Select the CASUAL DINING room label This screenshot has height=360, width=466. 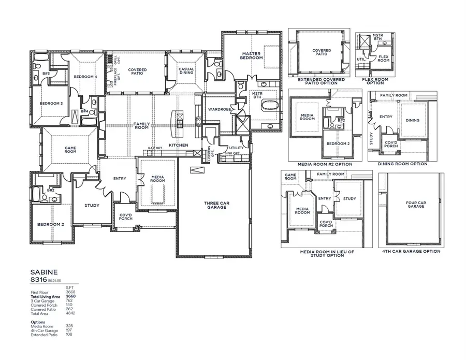pos(186,71)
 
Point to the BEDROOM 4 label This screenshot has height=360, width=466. pos(85,77)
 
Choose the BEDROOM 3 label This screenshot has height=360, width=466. pos(51,103)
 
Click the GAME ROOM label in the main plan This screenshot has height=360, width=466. pos(70,149)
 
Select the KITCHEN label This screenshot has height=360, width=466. pos(178,145)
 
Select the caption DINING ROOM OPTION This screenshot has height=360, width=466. pos(402,164)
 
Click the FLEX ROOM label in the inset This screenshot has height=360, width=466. pos(383,59)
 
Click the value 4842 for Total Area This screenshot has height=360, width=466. pos(70,314)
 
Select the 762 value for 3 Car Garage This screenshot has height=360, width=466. pos(69,301)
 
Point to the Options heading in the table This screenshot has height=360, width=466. pos(38,322)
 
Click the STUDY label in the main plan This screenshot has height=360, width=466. pos(92,206)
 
